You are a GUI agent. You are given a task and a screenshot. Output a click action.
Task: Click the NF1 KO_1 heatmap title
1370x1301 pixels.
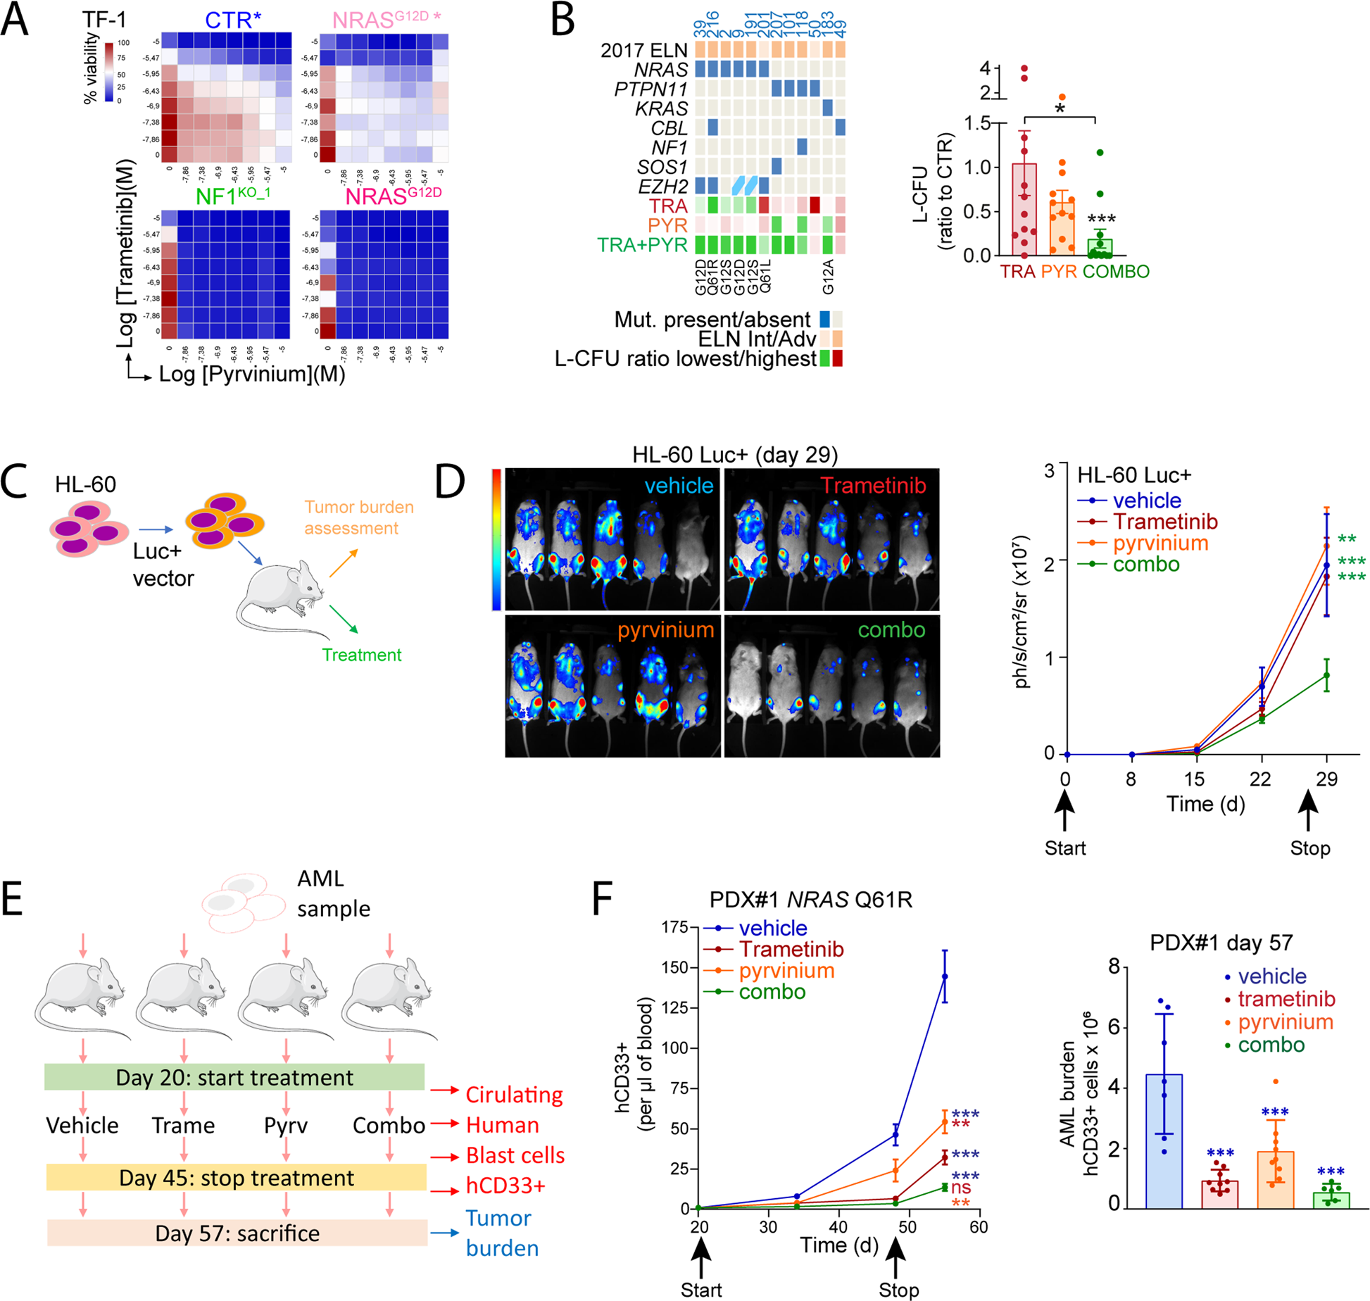232,196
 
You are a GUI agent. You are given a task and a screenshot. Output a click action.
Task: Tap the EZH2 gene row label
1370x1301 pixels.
662,187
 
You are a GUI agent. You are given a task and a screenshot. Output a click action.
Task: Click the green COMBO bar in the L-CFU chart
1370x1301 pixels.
1099,246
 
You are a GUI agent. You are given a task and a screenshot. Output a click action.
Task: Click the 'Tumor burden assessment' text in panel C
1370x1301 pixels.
358,517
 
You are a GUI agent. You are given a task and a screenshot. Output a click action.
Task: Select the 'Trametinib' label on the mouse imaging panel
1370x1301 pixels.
872,486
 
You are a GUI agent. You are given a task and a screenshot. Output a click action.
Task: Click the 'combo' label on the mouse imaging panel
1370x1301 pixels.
891,629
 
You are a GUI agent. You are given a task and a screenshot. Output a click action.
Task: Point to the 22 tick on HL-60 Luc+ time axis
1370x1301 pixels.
1260,779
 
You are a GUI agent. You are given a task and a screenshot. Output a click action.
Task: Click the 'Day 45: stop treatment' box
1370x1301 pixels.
236,1178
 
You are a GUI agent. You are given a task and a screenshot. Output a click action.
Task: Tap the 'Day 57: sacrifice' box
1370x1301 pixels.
237,1233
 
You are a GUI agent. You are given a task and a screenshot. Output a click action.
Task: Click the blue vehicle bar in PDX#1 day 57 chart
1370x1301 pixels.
1163,1140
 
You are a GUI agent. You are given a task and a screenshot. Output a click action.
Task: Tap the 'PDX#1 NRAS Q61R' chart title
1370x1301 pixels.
810,900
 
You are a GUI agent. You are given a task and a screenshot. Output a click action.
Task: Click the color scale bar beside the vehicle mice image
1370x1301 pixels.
496,539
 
